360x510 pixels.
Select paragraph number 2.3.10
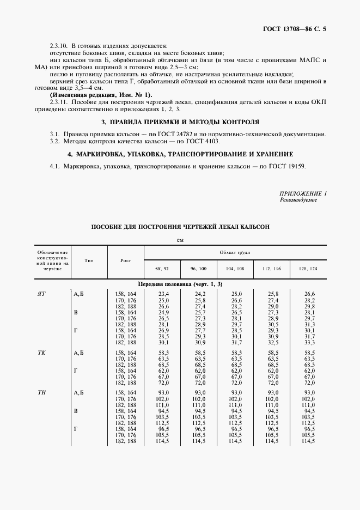(x=58, y=46)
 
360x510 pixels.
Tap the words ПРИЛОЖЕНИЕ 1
(x=303, y=193)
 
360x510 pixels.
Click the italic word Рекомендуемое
(x=298, y=200)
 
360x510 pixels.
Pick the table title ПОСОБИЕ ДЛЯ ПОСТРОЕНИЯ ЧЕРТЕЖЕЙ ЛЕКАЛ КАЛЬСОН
(x=180, y=226)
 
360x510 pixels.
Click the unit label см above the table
(x=180, y=240)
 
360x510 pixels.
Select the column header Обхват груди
(x=235, y=253)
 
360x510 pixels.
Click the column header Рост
(x=126, y=260)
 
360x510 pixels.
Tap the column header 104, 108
(x=235, y=269)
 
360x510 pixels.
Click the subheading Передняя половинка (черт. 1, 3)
(x=180, y=284)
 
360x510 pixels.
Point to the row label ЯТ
(x=41, y=294)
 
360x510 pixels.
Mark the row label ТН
(x=41, y=393)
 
